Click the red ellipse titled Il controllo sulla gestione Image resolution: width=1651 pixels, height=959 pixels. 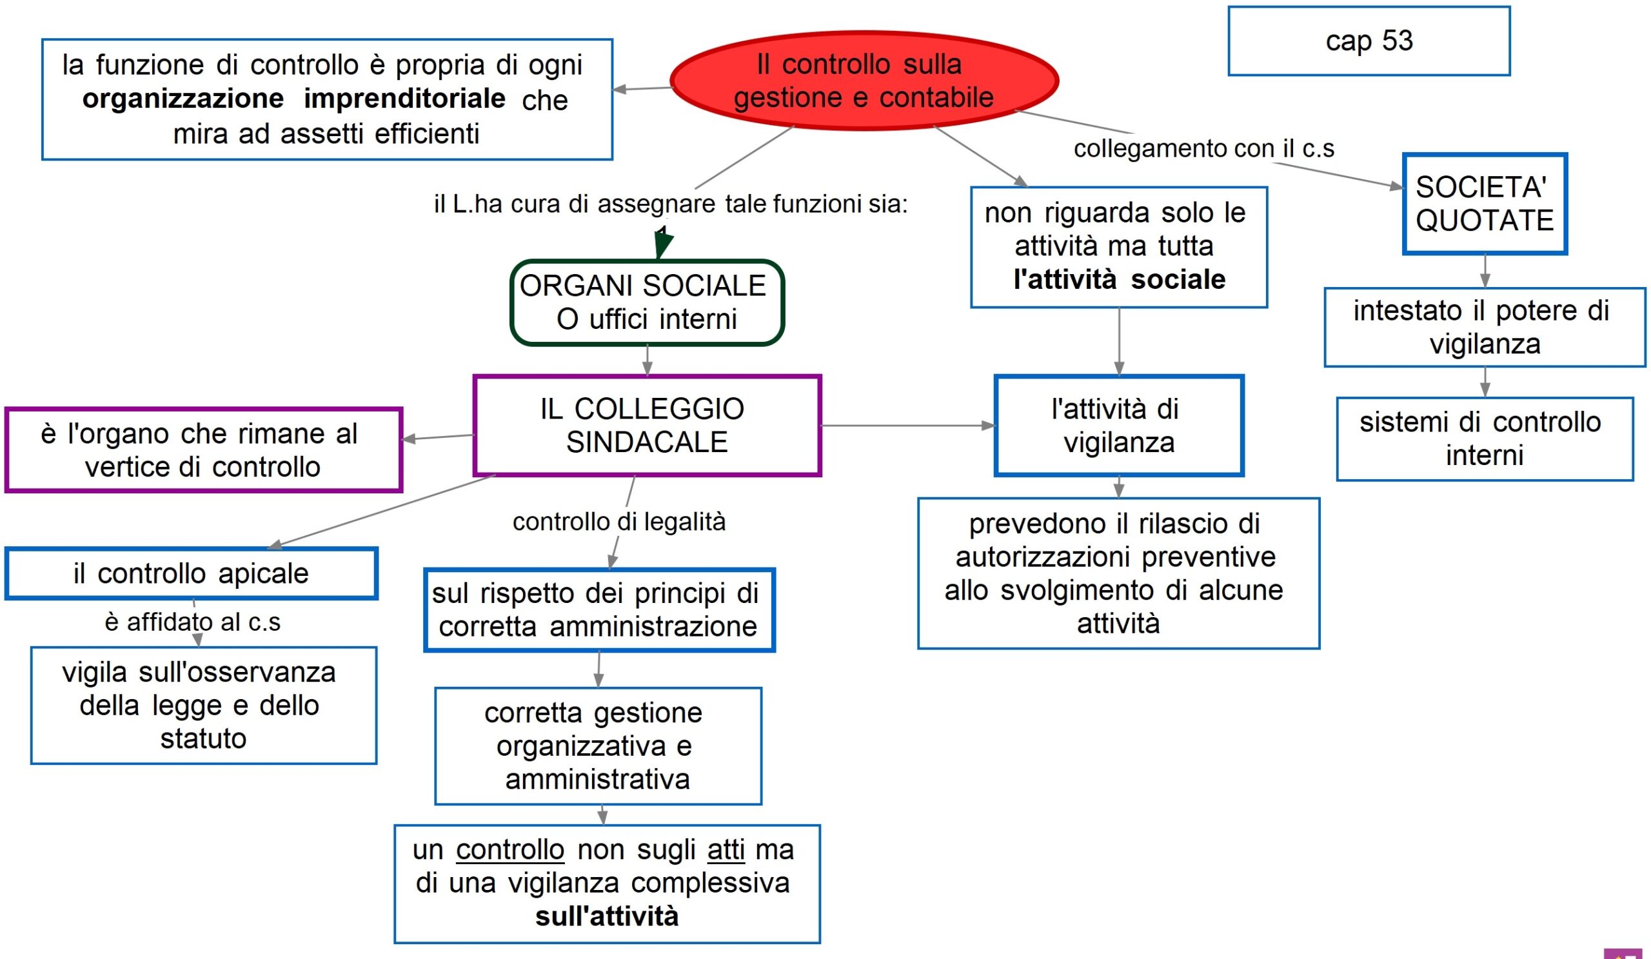pyautogui.click(x=864, y=81)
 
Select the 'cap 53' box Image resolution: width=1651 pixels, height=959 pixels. pyautogui.click(x=1369, y=41)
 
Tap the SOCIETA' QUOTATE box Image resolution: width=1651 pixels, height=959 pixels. pyautogui.click(x=1485, y=204)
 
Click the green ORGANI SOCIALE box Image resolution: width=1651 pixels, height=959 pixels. pyautogui.click(x=647, y=302)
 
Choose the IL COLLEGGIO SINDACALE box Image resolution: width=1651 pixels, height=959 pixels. pyautogui.click(x=647, y=426)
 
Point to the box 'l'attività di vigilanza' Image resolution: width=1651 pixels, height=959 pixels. pyautogui.click(x=1118, y=426)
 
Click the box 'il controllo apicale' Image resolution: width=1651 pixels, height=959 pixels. pyautogui.click(x=191, y=574)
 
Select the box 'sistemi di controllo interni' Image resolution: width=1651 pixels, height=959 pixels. pyautogui.click(x=1485, y=439)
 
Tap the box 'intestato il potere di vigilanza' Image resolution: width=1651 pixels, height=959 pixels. pyautogui.click(x=1485, y=327)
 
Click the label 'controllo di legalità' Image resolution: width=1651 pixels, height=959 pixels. pyautogui.click(x=618, y=522)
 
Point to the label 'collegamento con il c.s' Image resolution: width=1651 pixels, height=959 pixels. pyautogui.click(x=1203, y=149)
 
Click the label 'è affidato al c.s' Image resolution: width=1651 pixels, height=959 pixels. pyautogui.click(x=192, y=622)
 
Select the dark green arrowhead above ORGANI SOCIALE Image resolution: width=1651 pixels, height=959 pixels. pyautogui.click(x=663, y=244)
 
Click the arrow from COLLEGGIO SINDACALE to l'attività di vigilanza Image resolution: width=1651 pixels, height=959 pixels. pyautogui.click(x=907, y=426)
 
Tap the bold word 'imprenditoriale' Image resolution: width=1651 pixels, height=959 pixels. pyautogui.click(x=404, y=99)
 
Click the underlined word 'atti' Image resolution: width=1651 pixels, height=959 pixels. pyautogui.click(x=726, y=849)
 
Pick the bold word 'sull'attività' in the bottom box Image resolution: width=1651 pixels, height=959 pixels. pyautogui.click(x=607, y=916)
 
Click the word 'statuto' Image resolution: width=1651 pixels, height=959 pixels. pyautogui.click(x=203, y=738)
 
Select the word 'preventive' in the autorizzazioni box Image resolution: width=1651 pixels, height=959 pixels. pyautogui.click(x=1208, y=557)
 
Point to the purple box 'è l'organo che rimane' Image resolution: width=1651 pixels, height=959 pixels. pyautogui.click(x=203, y=450)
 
